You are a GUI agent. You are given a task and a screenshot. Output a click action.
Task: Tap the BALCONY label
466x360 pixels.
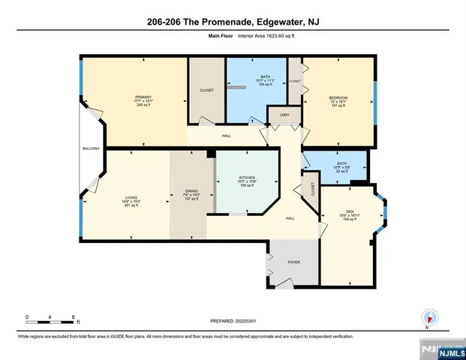point(91,149)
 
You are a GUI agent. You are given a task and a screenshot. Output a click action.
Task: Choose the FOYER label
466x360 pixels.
point(294,262)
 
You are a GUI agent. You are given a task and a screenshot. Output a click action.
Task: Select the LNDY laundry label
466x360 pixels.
point(284,115)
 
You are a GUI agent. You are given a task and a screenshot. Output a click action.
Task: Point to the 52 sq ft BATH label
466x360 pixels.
point(341,163)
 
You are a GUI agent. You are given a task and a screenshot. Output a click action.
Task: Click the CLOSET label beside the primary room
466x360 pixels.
point(206,90)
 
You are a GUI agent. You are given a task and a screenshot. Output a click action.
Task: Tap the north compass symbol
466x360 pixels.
point(429,317)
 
